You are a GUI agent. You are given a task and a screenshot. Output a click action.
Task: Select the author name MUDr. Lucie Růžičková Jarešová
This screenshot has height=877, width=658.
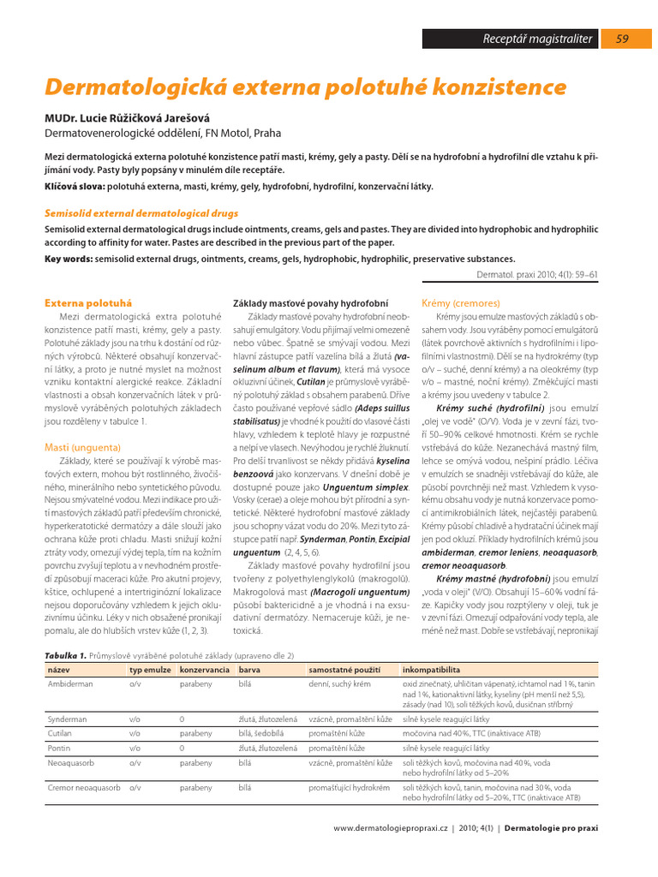click(x=127, y=117)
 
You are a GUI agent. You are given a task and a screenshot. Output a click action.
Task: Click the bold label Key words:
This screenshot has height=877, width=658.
click(x=70, y=259)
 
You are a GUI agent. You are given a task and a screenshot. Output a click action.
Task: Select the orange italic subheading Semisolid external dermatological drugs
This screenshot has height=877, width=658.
click(x=141, y=213)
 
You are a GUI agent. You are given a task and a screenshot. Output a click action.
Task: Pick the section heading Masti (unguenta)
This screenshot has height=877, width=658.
click(x=82, y=447)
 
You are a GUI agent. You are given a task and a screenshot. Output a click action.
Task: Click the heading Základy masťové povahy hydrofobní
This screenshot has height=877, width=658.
click(x=311, y=303)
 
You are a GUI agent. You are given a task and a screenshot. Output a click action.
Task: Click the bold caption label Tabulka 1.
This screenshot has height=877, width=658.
click(x=65, y=654)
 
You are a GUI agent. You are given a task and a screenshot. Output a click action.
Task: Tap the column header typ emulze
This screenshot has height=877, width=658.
click(x=147, y=669)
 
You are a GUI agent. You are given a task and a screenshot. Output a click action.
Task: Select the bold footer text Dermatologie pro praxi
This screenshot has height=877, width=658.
click(x=552, y=828)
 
